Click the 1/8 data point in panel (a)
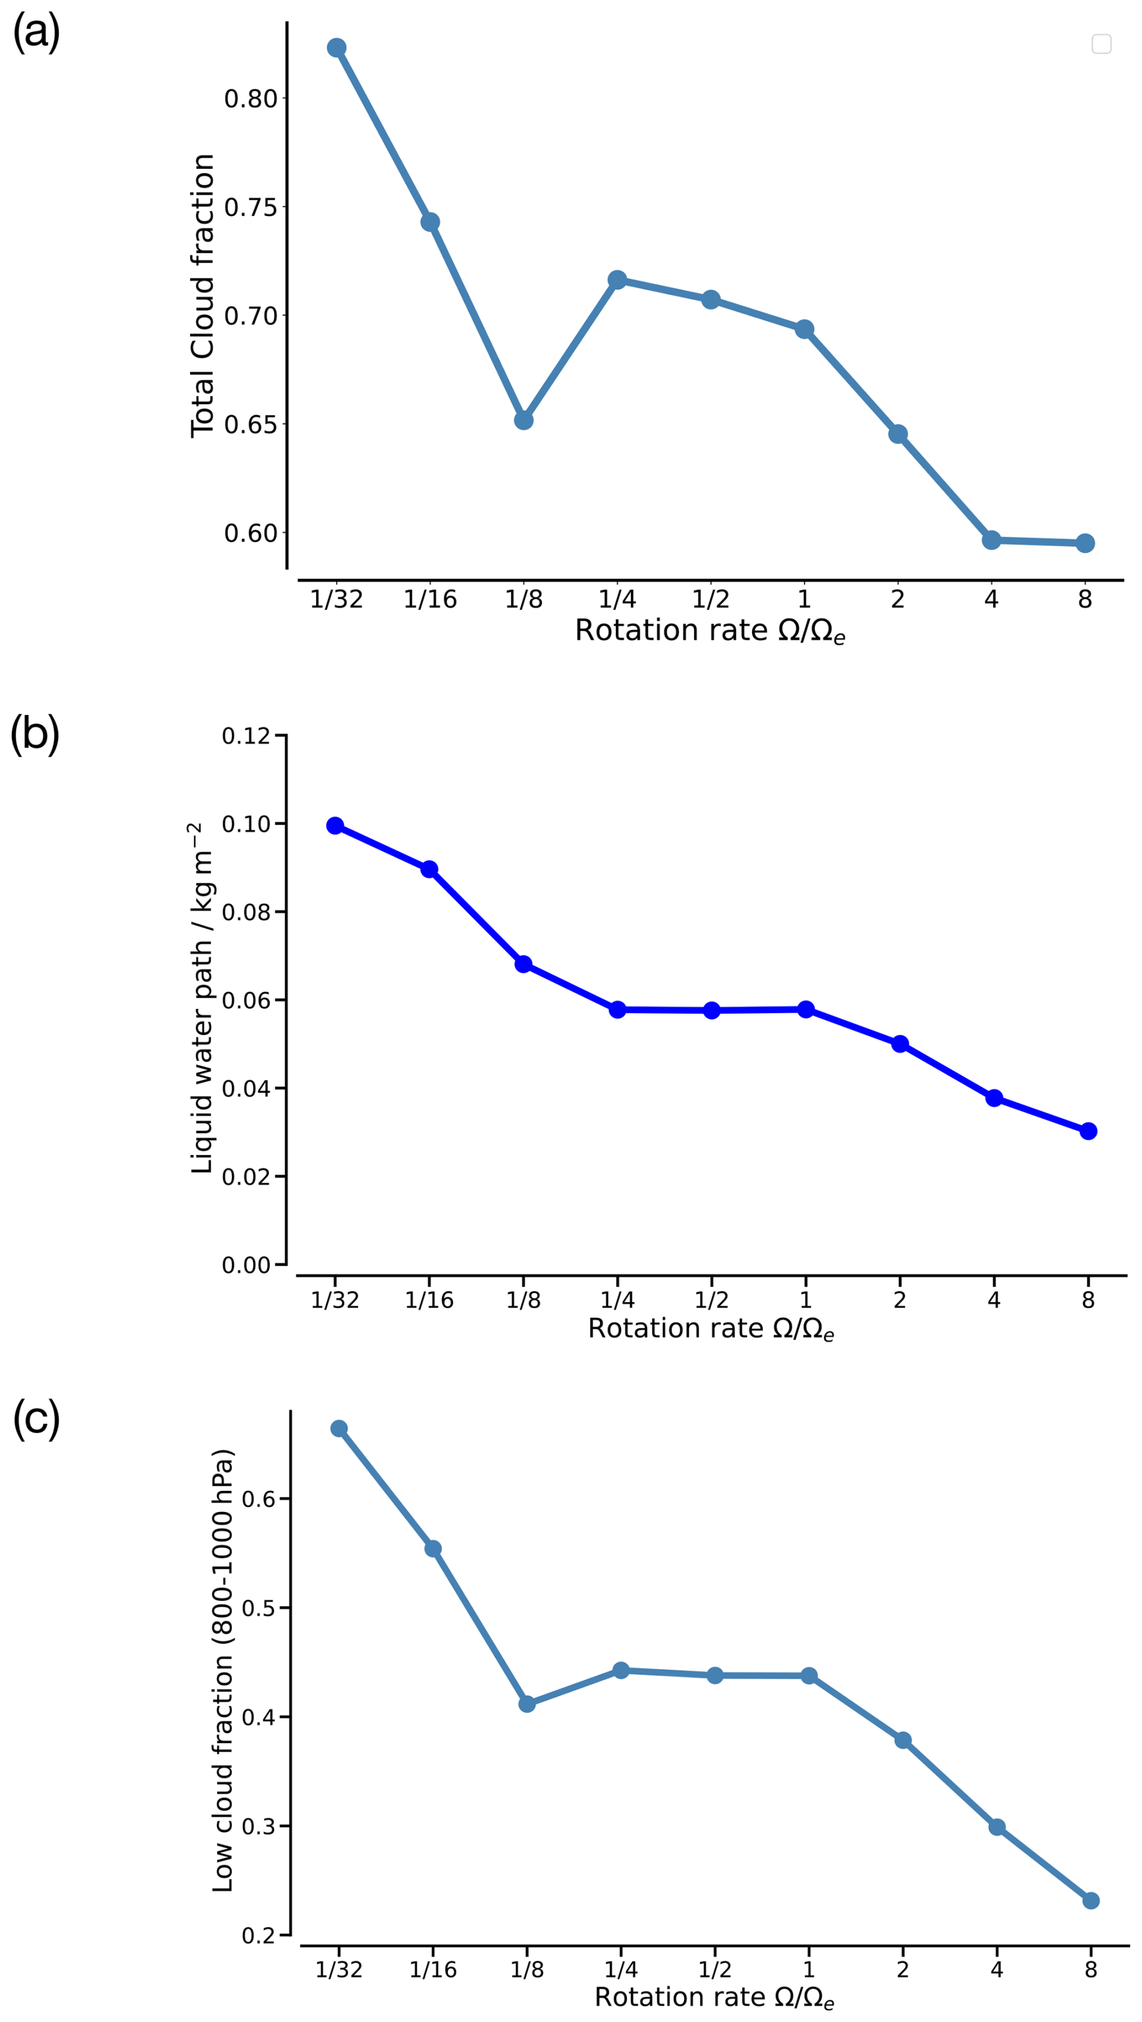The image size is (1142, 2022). point(524,420)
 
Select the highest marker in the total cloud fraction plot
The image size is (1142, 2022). point(336,48)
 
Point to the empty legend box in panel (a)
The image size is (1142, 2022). point(1101,44)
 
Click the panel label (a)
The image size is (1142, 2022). point(36,33)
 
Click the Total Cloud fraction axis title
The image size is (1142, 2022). point(202,296)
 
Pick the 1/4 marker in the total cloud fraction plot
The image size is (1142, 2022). point(617,279)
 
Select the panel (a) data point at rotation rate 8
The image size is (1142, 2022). point(1085,543)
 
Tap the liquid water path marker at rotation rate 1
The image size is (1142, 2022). point(806,1009)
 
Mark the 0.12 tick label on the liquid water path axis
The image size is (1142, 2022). point(246,736)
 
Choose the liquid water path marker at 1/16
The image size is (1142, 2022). point(429,869)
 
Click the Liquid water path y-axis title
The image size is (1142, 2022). point(202,999)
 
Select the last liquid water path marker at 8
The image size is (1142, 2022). point(1088,1131)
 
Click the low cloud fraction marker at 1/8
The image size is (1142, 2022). point(527,1704)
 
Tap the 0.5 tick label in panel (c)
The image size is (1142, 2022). point(258,1607)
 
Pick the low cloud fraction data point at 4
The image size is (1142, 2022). point(997,1827)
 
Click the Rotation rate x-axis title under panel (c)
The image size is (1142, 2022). point(713,1997)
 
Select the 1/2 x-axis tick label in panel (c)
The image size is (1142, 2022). point(715,1969)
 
